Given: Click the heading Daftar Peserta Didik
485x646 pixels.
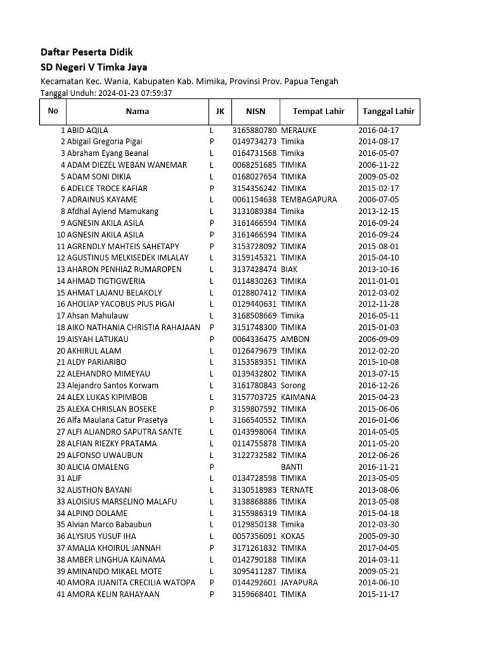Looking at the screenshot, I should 87,52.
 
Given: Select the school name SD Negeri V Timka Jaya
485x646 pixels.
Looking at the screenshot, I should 95,67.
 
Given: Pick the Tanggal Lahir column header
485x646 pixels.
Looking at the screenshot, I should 388,112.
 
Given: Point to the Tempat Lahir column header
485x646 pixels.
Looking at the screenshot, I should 318,112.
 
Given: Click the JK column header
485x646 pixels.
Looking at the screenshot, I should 219,112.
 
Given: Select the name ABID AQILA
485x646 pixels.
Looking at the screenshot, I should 87,130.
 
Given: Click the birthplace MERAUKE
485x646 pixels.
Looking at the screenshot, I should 299,130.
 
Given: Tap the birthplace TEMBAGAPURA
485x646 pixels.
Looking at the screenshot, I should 309,199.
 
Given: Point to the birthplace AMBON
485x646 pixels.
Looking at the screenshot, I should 295,339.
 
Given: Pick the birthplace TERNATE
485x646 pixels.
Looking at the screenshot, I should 297,490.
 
